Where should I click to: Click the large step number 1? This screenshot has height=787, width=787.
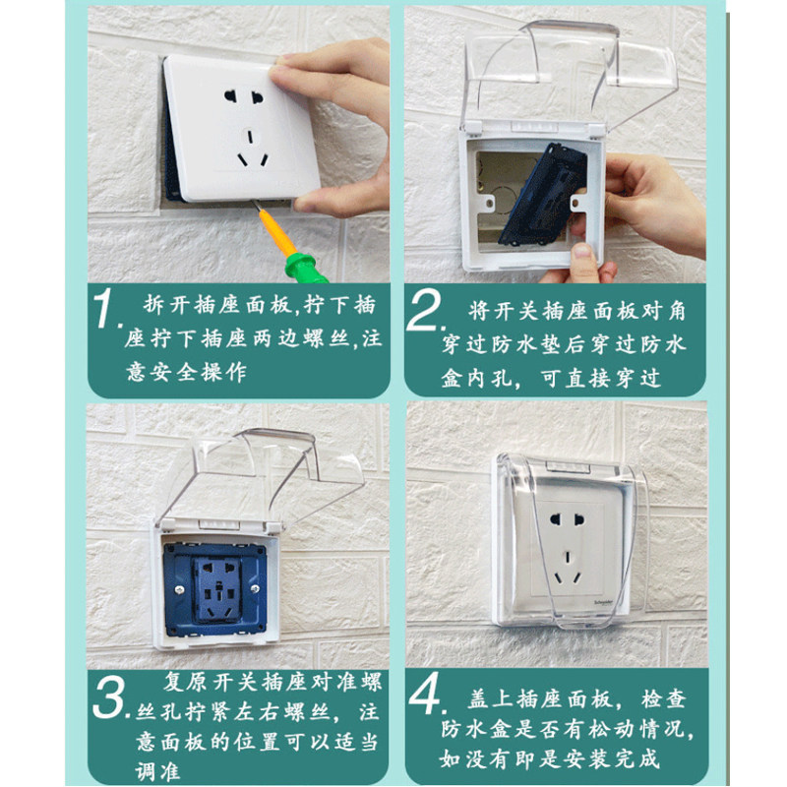point(106,309)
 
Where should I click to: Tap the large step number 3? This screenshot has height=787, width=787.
point(109,698)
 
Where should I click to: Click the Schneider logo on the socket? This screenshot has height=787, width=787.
point(604,601)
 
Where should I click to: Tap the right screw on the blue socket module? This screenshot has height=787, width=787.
point(255,587)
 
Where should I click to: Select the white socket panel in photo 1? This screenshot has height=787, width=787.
point(241,128)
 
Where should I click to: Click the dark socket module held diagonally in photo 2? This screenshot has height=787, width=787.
point(543,195)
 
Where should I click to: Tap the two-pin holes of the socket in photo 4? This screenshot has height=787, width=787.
point(568,519)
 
